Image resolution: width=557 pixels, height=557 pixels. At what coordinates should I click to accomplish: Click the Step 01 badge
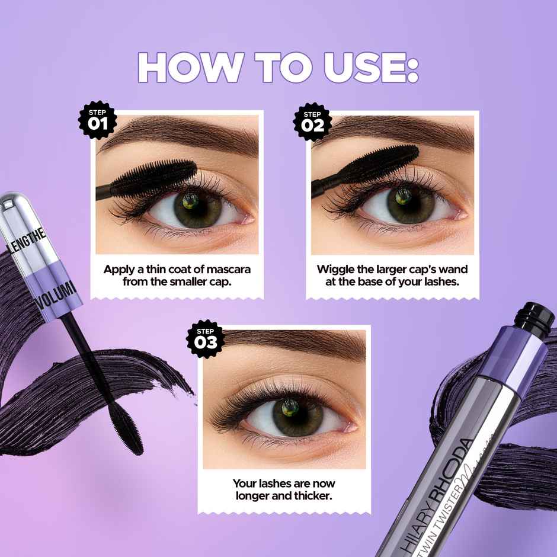click(98, 120)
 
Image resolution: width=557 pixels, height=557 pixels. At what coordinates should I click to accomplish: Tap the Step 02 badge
click(313, 120)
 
